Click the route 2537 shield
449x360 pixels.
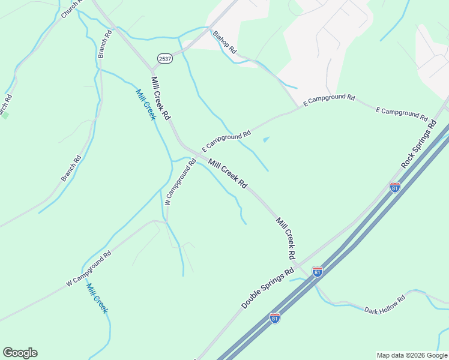164,58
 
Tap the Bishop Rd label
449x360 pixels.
225,42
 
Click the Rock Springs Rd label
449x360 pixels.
419,144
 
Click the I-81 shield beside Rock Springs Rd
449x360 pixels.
394,188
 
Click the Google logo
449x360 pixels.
20,353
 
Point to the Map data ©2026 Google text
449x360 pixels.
412,355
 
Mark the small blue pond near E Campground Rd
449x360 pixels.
266,140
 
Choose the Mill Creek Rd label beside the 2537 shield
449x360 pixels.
161,97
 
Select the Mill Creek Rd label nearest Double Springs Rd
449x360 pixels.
286,238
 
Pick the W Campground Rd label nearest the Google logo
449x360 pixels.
89,268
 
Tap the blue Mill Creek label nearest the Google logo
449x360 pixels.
97,298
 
